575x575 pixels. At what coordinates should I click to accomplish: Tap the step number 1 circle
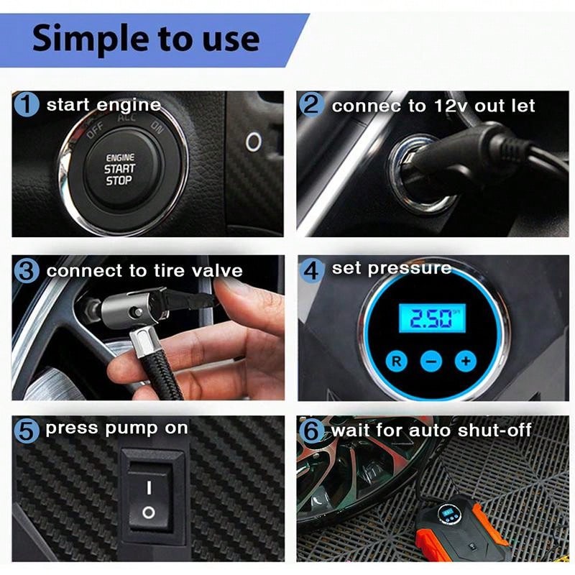[x=27, y=105]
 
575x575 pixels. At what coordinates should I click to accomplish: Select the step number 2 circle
[x=312, y=105]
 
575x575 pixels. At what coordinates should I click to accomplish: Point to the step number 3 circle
[x=27, y=271]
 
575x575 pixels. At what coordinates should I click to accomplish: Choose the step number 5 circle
[x=27, y=431]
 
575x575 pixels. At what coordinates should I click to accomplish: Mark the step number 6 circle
[x=312, y=431]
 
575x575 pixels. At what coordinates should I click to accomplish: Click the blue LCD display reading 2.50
[x=431, y=317]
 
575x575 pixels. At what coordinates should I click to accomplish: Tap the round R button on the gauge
[x=396, y=359]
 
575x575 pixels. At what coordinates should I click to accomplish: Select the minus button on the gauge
[x=431, y=360]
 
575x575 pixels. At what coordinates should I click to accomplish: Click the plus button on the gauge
[x=466, y=359]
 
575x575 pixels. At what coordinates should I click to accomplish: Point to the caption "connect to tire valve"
[x=144, y=272]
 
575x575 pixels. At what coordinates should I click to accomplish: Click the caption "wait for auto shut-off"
[x=431, y=431]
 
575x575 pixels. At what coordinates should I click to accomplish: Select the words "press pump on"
[x=116, y=429]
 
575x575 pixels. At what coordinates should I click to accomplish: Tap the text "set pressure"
[x=391, y=269]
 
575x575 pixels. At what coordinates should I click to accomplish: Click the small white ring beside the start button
[x=253, y=142]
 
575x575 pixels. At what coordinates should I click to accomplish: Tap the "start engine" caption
[x=103, y=105]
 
